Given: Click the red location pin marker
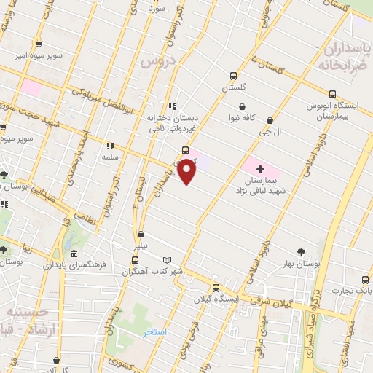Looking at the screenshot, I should point(187,172).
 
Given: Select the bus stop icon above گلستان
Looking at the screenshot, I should point(234,76).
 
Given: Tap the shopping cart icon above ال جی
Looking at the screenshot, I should point(271,120).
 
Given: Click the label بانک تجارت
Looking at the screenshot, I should point(353,291).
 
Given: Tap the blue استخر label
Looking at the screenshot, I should point(154,331).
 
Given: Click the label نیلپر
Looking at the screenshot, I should point(140,246).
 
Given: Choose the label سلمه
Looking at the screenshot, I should point(111,157).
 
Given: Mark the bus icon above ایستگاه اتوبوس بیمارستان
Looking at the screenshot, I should point(332,94).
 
